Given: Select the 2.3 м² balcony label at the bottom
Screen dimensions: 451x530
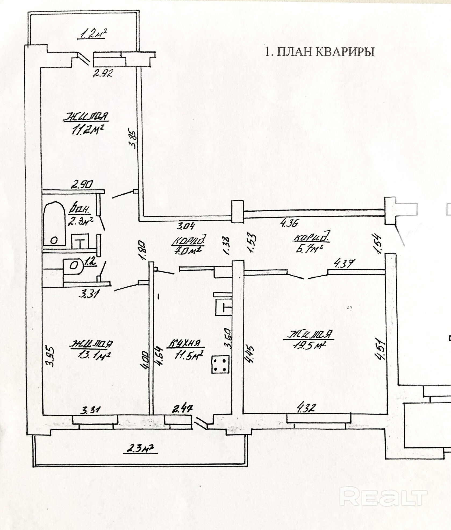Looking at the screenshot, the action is point(140,448).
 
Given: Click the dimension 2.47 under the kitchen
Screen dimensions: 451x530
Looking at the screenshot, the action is point(182,409).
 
